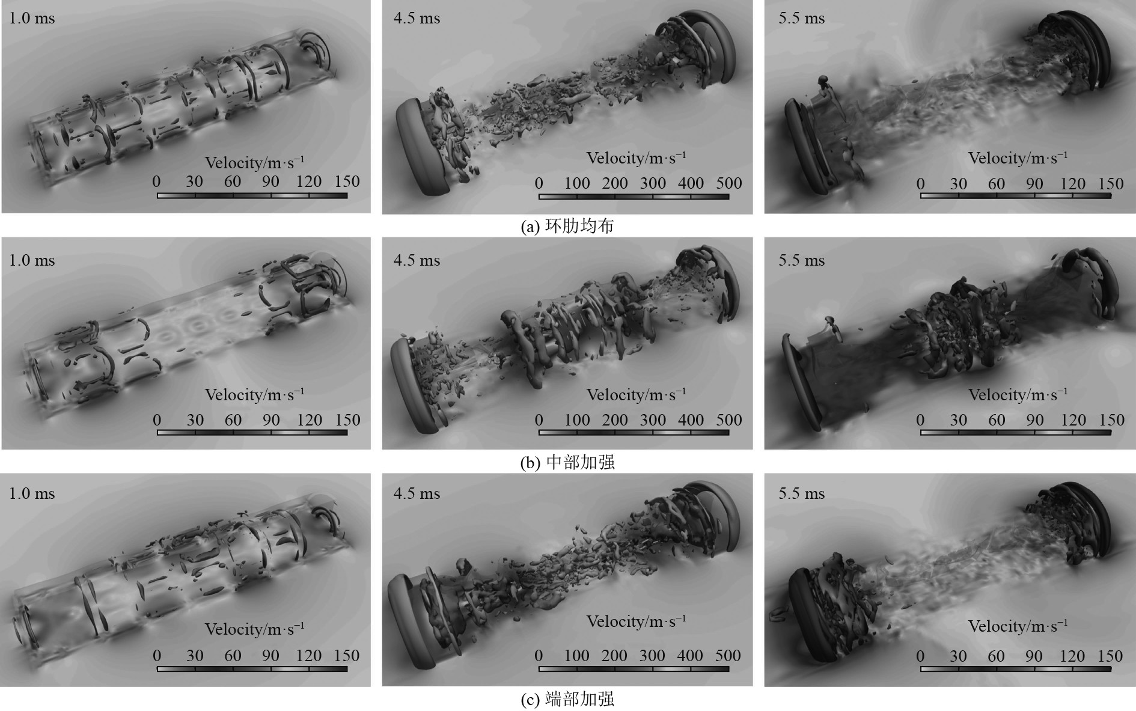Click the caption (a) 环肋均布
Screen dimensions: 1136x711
[x=567, y=226]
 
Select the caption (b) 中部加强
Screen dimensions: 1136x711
[x=567, y=462]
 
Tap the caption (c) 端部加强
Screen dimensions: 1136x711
[x=567, y=699]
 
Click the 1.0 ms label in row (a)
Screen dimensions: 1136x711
[x=32, y=19]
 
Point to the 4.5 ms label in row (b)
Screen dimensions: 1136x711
[x=417, y=260]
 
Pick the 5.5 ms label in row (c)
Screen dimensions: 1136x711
[x=802, y=493]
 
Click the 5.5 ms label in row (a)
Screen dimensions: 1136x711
[x=802, y=19]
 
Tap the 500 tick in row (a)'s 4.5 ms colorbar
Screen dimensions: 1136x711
[x=729, y=183]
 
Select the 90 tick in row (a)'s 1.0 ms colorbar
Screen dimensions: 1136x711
[x=271, y=182]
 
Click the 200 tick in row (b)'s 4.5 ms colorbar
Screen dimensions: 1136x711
[x=615, y=420]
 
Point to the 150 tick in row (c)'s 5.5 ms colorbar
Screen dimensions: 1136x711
[x=1111, y=656]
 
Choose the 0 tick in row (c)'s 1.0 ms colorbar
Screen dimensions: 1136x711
[x=157, y=656]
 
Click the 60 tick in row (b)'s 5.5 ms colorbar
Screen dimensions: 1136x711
[x=997, y=420]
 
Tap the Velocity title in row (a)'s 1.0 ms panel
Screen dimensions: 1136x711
[x=254, y=163]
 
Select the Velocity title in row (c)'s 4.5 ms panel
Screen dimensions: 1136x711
[x=636, y=621]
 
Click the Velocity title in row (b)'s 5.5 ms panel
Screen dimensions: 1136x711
[x=1018, y=395]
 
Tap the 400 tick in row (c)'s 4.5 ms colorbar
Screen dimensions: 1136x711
[x=691, y=656]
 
